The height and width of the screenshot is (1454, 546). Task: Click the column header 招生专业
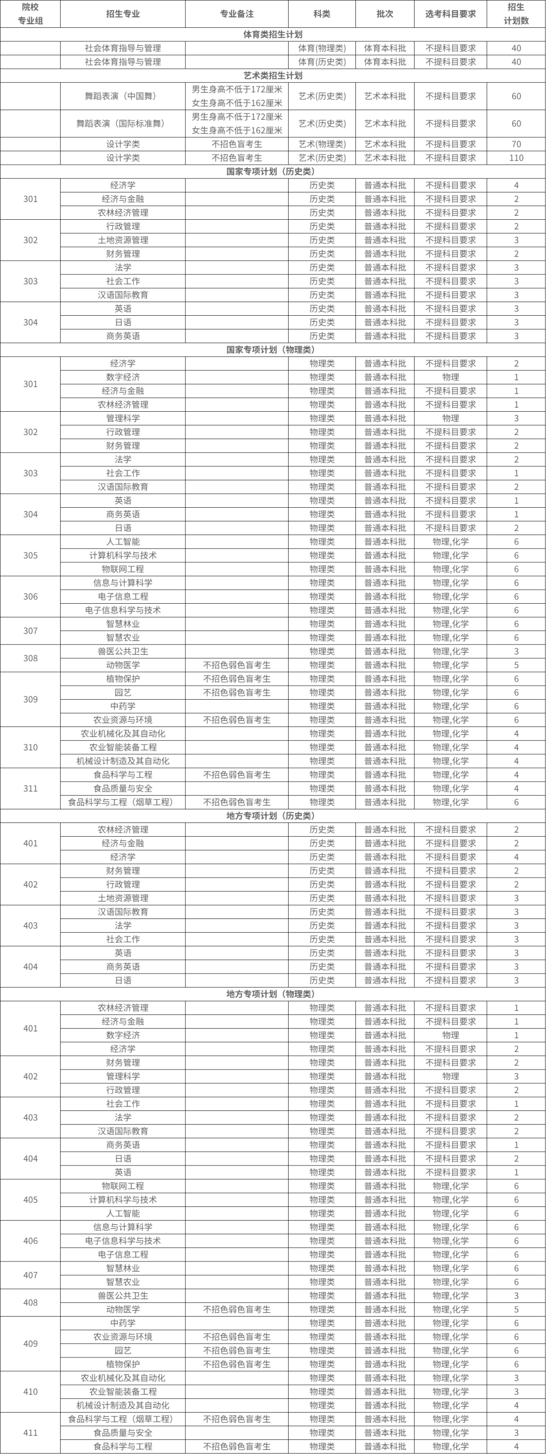[x=122, y=14]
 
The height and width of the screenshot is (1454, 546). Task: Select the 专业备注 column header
[x=237, y=14]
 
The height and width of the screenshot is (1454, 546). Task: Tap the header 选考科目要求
[x=450, y=14]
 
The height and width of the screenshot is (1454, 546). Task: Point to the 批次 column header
[x=385, y=14]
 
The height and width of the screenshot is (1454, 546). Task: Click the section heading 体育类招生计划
[x=272, y=34]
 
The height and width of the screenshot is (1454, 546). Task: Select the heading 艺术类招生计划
[x=272, y=76]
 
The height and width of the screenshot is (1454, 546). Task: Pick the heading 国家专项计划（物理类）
[x=272, y=350]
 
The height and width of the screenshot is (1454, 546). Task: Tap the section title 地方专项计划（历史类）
[x=272, y=815]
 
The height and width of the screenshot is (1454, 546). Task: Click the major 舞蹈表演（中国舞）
[x=122, y=96]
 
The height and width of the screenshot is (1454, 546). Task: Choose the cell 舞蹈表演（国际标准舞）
[x=122, y=124]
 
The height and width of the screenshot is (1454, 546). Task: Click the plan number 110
[x=516, y=158]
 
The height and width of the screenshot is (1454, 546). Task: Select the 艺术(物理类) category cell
[x=322, y=144]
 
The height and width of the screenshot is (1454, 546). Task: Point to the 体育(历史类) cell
[x=322, y=62]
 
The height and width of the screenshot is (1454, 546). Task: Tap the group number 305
[x=30, y=555]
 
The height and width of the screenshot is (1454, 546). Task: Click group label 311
[x=30, y=789]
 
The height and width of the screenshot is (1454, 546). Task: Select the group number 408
[x=30, y=1303]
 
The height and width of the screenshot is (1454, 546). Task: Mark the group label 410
[x=30, y=1392]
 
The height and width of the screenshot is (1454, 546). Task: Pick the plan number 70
[x=516, y=144]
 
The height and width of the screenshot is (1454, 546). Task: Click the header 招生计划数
[x=516, y=14]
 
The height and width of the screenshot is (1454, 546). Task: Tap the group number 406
[x=30, y=1241]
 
